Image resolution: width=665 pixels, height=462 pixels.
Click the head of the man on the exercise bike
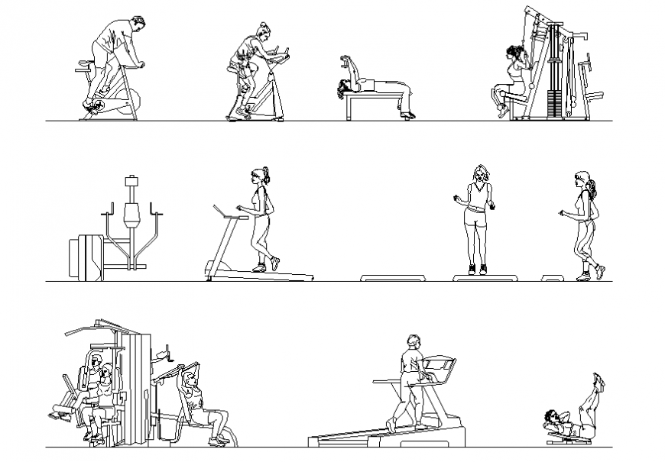(136, 24)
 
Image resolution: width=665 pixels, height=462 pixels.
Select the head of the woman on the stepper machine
(263, 32)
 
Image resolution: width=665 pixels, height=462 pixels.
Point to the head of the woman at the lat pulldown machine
(512, 54)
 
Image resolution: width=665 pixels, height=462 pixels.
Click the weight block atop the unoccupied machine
(130, 182)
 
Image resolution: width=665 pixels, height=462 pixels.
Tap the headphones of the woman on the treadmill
(264, 176)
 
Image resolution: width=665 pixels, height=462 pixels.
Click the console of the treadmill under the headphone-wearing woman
(222, 208)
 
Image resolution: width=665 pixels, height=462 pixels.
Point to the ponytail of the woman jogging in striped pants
(593, 187)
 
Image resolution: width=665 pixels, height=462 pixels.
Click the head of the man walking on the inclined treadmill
(414, 342)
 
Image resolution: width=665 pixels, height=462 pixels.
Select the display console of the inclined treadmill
(440, 365)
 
